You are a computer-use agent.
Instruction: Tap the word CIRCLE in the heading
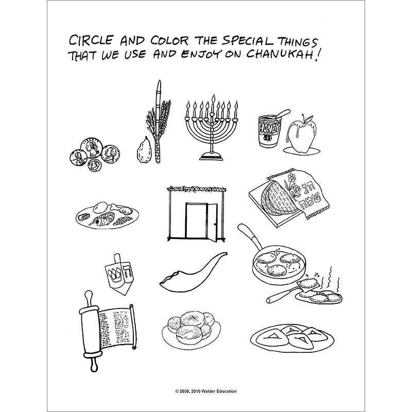pyautogui.click(x=91, y=40)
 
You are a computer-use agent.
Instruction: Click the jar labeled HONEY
pyautogui.click(x=269, y=130)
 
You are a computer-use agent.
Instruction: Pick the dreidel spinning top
pyautogui.click(x=119, y=274)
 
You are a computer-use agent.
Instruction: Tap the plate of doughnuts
pyautogui.click(x=191, y=330)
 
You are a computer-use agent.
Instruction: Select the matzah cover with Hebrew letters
pyautogui.click(x=306, y=193)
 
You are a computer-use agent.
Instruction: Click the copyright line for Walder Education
pyautogui.click(x=205, y=391)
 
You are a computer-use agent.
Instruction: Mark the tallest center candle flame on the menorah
pyautogui.click(x=213, y=99)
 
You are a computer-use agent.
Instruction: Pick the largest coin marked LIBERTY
pyautogui.click(x=91, y=148)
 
